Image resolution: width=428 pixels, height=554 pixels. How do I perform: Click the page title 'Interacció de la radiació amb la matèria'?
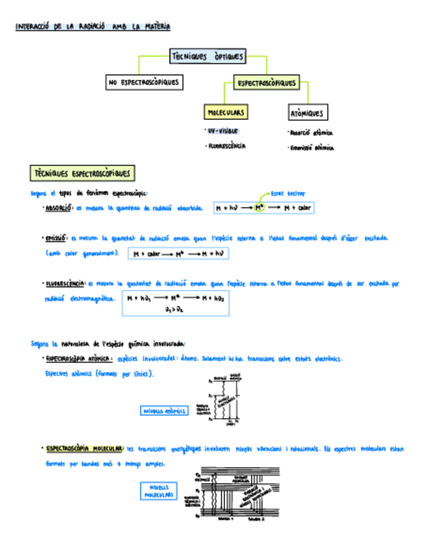[93, 27]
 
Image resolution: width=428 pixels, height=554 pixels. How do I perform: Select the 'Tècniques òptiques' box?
[207, 57]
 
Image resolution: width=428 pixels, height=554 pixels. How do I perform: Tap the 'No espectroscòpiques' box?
[144, 83]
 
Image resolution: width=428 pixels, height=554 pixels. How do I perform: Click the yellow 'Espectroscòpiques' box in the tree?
[266, 84]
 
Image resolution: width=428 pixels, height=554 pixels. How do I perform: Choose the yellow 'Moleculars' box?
[226, 113]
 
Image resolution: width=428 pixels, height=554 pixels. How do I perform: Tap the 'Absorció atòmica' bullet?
[311, 132]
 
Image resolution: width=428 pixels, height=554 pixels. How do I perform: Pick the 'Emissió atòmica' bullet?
[312, 148]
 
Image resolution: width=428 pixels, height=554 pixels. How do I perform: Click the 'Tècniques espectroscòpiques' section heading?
[83, 174]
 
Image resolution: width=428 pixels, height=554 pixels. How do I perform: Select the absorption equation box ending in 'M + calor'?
[264, 208]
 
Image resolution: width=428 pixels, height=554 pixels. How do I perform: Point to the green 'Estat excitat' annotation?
[288, 193]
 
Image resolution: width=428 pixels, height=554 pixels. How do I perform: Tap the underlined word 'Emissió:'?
[57, 238]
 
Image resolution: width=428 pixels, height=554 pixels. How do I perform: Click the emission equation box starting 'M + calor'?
[178, 253]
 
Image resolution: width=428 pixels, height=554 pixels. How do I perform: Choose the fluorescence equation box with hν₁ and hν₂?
[176, 304]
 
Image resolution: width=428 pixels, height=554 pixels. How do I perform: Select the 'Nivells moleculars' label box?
[159, 491]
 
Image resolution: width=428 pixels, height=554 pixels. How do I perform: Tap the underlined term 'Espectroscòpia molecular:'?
[84, 449]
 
